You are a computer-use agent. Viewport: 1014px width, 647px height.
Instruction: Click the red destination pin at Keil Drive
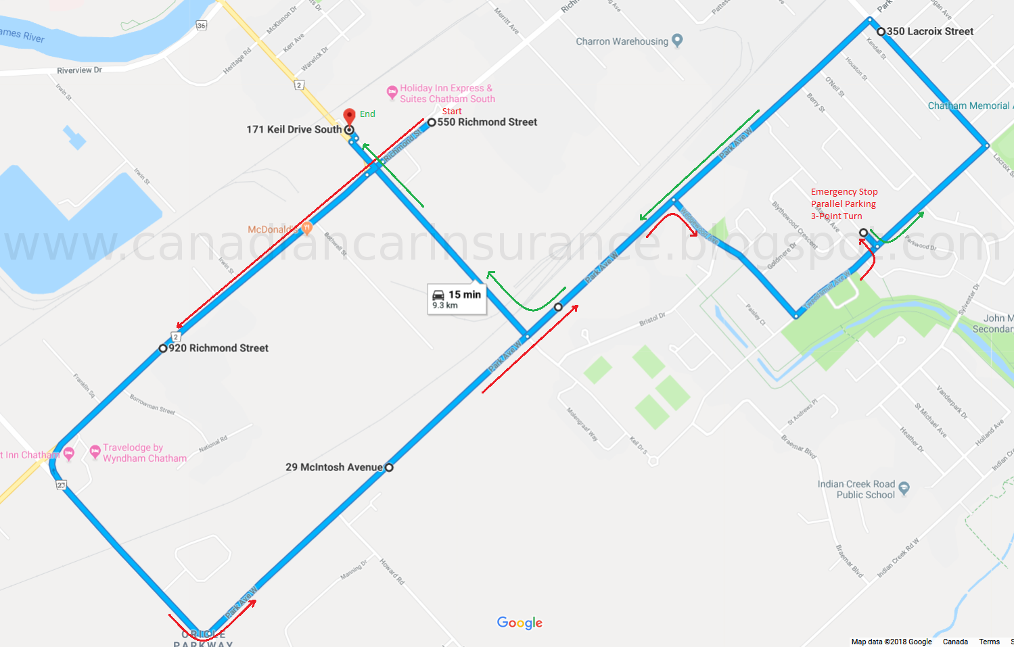coord(349,117)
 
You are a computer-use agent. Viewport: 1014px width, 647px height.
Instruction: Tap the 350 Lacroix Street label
coord(929,31)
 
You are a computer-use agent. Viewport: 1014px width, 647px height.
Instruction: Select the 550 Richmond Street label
coord(487,122)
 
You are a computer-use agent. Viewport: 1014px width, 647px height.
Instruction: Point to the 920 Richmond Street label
coord(218,348)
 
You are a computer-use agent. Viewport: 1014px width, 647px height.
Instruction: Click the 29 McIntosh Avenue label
coord(333,467)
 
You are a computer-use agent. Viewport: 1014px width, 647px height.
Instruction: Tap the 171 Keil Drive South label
coord(294,129)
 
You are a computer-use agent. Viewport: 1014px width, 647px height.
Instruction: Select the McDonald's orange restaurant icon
coord(306,229)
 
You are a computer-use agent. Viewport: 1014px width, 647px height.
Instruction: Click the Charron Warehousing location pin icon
coord(677,41)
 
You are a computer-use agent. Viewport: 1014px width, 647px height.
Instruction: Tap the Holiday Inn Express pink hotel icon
coord(392,92)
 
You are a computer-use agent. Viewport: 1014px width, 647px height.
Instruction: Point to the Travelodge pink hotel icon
coord(95,452)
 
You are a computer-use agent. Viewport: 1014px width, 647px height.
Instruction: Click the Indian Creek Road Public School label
coord(856,489)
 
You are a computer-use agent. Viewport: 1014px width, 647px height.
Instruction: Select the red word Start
coord(452,112)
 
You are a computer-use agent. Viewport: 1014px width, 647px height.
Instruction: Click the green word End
coord(367,114)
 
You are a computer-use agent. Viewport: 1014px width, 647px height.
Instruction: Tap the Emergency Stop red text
coord(844,192)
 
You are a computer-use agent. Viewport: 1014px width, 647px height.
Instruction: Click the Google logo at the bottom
coord(520,623)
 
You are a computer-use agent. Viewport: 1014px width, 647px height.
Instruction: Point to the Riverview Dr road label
coord(79,70)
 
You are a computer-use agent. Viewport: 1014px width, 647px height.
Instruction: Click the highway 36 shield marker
coord(201,26)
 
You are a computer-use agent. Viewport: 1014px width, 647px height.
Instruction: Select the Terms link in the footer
coord(989,642)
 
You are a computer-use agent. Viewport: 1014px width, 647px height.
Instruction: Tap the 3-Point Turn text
coord(836,216)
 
